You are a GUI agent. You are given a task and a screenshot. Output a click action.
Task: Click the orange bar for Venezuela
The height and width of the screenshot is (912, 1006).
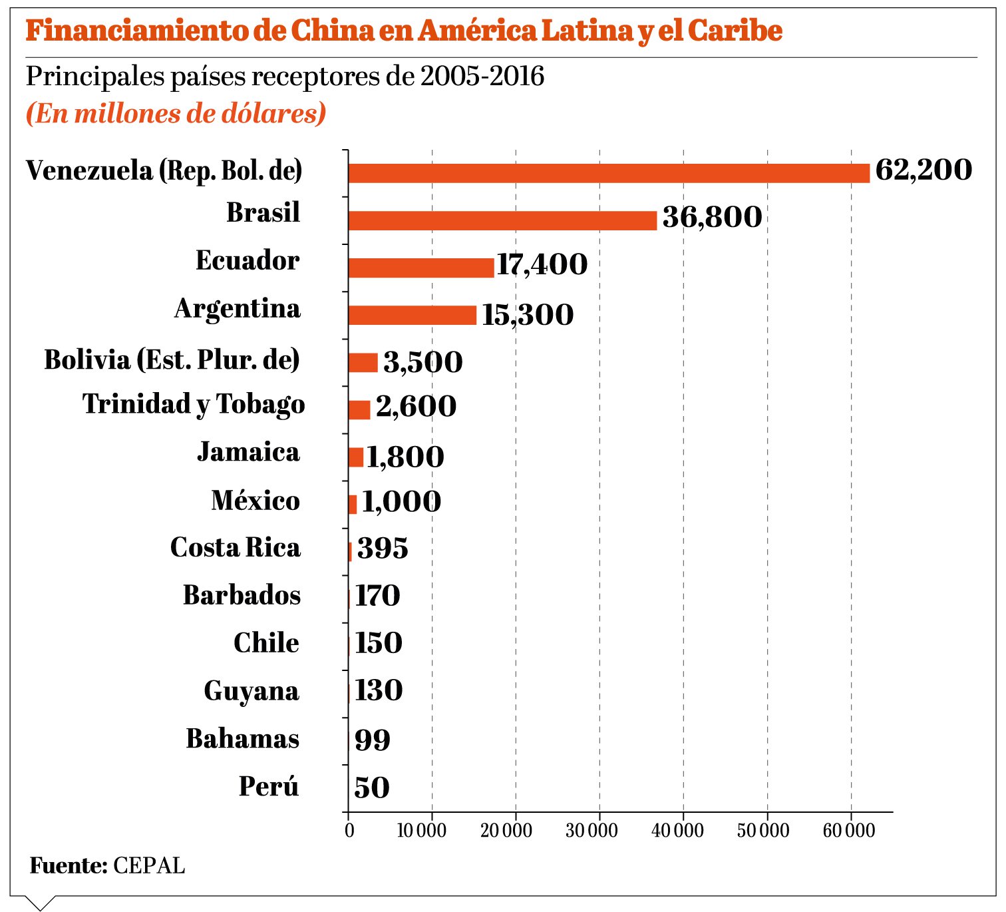tap(608, 173)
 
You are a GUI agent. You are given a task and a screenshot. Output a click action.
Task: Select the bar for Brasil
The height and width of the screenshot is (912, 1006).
tap(502, 220)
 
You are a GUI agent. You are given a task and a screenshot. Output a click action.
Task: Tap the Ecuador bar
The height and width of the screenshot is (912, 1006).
tap(421, 268)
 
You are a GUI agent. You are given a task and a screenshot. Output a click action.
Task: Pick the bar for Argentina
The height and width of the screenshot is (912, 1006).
tap(413, 315)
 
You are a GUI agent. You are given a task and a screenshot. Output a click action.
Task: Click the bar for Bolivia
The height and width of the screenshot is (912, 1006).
tap(363, 363)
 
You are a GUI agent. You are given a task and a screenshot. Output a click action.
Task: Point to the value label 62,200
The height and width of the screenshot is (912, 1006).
tap(923, 170)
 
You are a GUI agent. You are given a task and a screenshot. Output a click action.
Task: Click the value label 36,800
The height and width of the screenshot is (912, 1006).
tap(712, 218)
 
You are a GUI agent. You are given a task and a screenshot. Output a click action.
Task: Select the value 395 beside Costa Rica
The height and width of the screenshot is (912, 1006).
tap(383, 549)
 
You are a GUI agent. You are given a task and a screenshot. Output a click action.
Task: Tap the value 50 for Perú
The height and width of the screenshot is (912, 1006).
tap(372, 788)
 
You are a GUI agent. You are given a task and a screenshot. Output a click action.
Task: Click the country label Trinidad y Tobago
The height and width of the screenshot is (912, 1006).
tap(194, 405)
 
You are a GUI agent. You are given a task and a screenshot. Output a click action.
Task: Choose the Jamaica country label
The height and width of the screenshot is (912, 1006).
tap(248, 452)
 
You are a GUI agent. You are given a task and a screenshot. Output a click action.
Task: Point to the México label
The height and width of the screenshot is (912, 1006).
tap(255, 501)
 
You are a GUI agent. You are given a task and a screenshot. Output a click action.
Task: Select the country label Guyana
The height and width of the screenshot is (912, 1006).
tap(251, 691)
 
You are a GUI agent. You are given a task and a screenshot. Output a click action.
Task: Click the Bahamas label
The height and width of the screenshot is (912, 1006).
tap(243, 739)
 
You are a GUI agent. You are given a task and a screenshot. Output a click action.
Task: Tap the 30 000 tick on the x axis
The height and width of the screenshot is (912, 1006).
tap(591, 831)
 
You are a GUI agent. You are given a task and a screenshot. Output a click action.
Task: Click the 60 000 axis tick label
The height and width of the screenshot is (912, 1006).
tap(849, 831)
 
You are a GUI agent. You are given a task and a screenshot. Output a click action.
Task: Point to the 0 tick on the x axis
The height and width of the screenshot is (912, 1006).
tap(349, 831)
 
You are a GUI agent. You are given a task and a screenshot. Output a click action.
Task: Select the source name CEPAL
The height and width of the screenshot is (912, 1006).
tap(149, 865)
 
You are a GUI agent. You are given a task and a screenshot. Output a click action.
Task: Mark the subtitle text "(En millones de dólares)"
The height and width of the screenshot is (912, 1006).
tap(176, 113)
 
